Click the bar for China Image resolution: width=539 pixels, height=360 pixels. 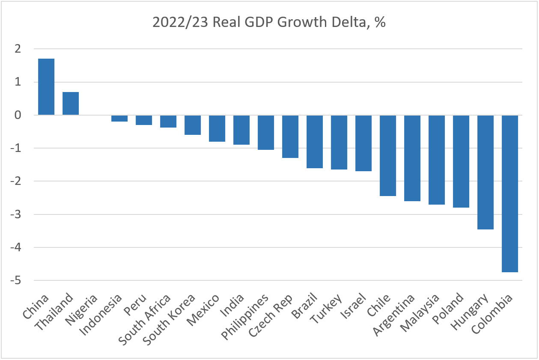(46, 87)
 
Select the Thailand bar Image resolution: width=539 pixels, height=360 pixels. (71, 104)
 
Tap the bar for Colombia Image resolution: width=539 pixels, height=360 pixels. (510, 193)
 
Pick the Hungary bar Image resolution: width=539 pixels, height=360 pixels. (485, 172)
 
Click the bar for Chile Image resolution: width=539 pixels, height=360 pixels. (388, 155)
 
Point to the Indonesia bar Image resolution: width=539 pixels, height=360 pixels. (119, 119)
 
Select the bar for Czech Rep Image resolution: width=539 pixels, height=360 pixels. (290, 137)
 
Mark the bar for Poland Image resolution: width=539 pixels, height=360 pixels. (461, 161)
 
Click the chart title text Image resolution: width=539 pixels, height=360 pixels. (269, 22)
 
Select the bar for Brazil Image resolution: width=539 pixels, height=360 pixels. (315, 142)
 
